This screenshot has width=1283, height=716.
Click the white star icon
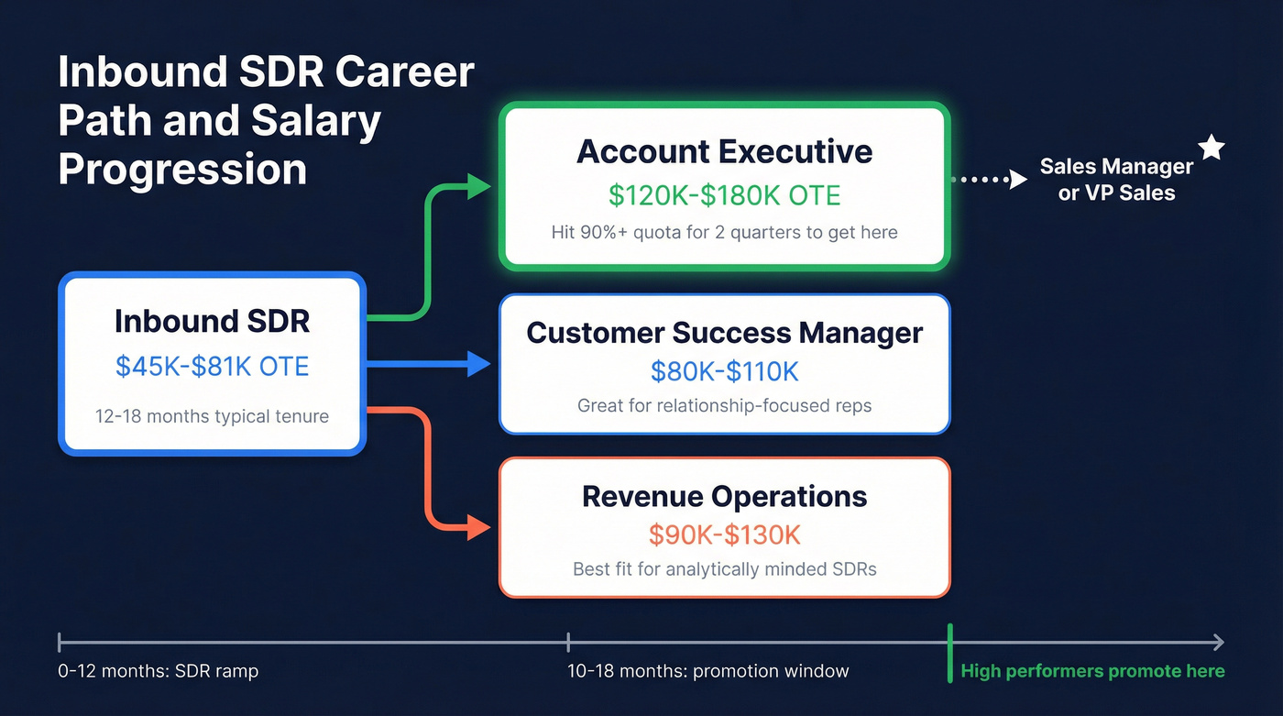coord(1212,148)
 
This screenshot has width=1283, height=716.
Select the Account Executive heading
coord(724,151)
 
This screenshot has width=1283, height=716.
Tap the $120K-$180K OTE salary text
coord(724,194)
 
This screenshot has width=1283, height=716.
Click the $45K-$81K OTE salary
coord(212,366)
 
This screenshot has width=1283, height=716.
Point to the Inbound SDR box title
coord(212,321)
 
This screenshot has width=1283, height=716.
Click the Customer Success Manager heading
coord(724,332)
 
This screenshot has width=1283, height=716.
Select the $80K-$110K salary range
coord(724,371)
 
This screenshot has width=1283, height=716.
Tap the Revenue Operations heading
coord(724,496)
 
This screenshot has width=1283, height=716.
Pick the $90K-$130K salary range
coord(724,534)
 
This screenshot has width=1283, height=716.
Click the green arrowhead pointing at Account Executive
coord(480,186)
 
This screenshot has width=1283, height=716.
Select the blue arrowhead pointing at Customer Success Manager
coord(479,364)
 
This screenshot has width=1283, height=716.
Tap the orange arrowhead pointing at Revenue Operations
coord(479,527)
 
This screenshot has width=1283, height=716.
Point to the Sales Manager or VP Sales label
coord(1116,180)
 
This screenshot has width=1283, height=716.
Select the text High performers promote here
coord(1092,671)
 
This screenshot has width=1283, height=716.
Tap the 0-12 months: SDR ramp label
coord(158,671)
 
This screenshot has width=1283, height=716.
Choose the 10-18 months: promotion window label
coord(707,671)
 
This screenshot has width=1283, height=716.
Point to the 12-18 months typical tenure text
coord(212,416)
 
